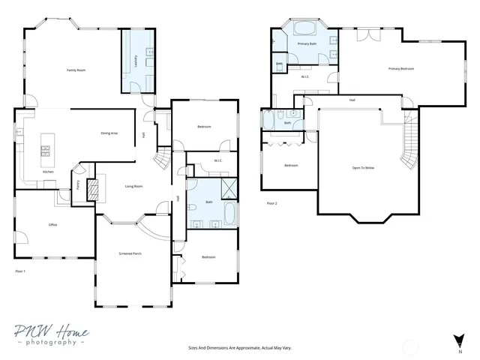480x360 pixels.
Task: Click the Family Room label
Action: coord(76,70)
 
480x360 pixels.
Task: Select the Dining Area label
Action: coord(109,133)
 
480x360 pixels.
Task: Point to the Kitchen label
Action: coord(48,172)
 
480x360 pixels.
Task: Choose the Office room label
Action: coord(53,224)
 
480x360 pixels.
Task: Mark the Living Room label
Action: coord(133,186)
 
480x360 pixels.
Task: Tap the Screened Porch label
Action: coord(130,254)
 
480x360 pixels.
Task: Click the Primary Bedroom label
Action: coord(401,69)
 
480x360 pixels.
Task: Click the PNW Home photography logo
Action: coord(51,335)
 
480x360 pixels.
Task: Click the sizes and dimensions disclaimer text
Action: coord(239,348)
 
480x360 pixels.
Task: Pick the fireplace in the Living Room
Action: coord(93,190)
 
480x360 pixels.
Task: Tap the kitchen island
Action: coord(45,145)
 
